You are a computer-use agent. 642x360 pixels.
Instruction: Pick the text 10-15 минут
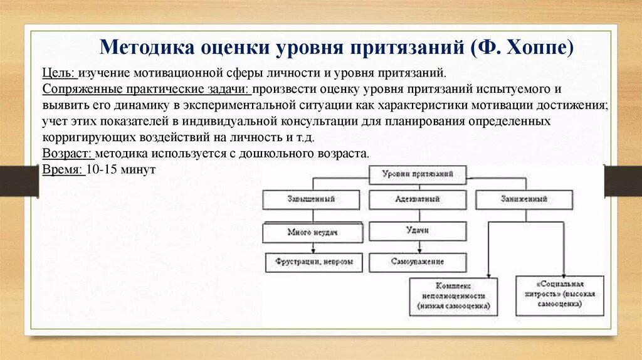coord(120,170)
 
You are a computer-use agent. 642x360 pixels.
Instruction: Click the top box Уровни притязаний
coord(417,175)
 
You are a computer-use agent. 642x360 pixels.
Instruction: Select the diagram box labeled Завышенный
coord(312,199)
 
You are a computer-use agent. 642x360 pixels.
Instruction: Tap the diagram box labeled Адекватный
coord(418,199)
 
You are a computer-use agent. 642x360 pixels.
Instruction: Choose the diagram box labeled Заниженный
coord(524,199)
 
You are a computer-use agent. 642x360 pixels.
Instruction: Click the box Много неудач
coord(312,233)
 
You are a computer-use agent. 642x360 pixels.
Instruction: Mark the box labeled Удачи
coord(418,231)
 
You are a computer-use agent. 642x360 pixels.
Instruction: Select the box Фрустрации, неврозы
coord(312,262)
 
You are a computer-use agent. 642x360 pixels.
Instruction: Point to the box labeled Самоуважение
coord(418,262)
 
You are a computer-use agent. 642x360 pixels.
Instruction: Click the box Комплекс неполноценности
coord(453,295)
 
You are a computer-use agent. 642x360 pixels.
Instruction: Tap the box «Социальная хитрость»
coord(560,295)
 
